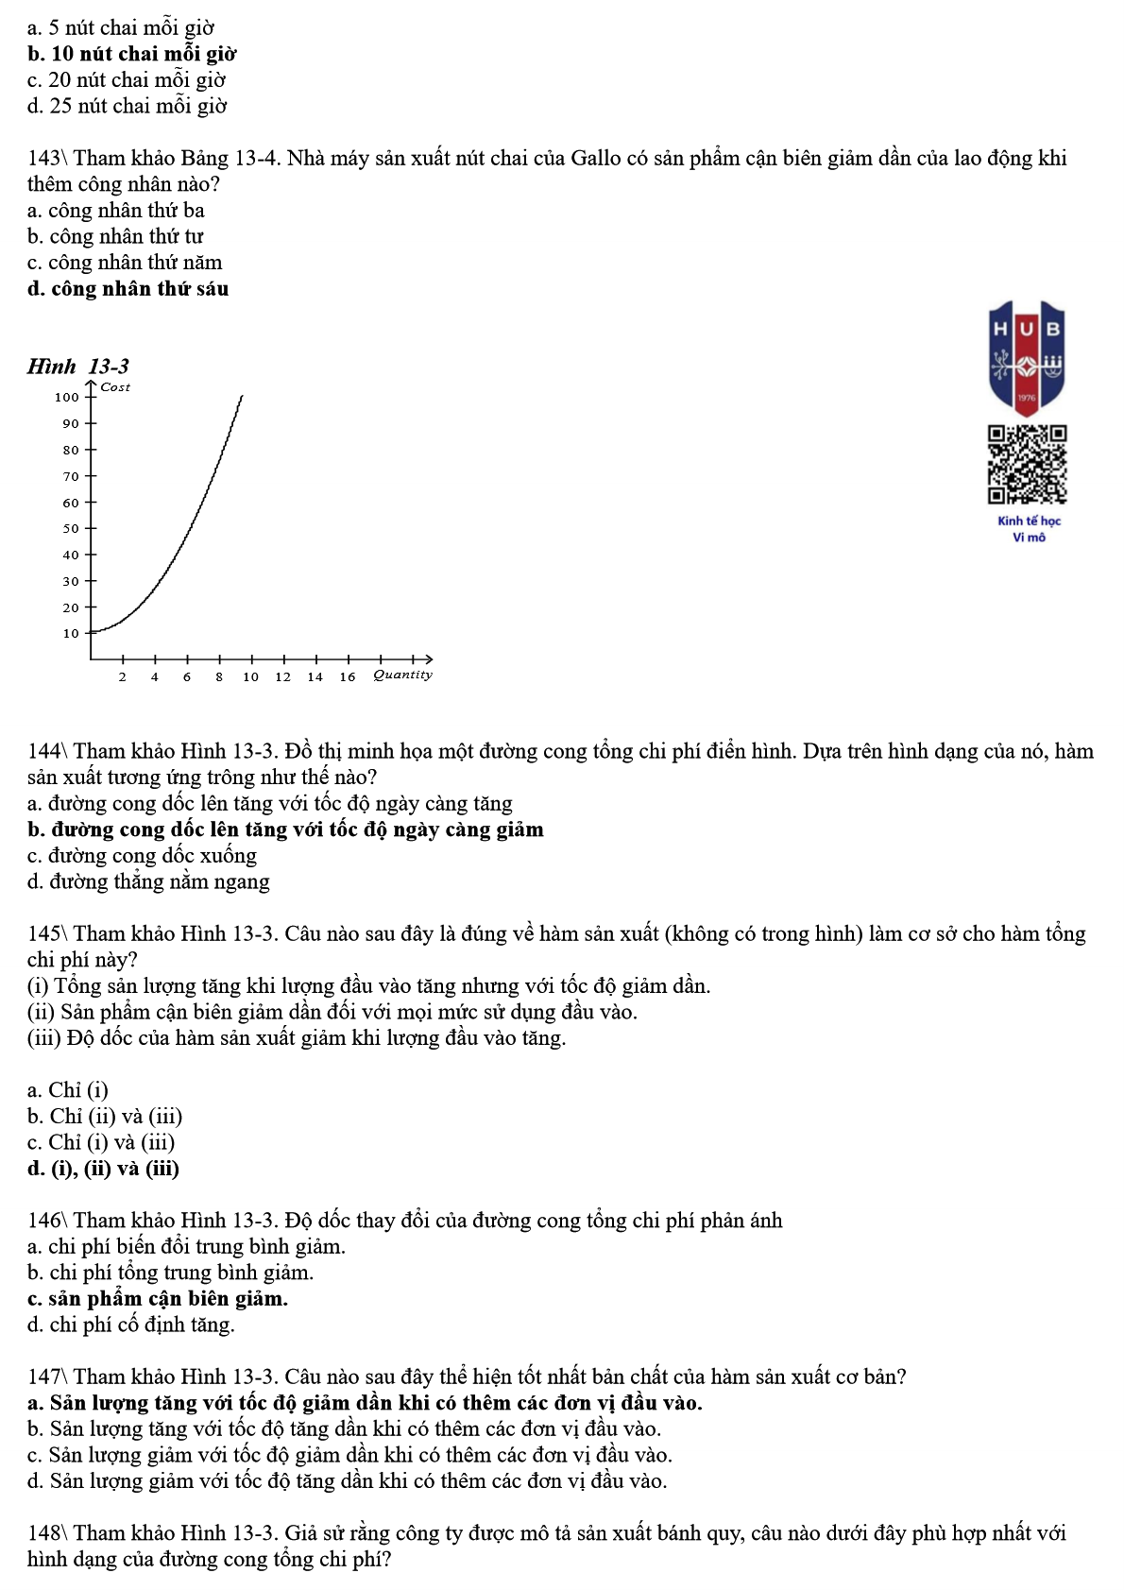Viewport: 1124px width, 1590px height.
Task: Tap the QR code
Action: [x=1027, y=464]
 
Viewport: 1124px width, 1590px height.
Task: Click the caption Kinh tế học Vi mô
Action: [x=1029, y=529]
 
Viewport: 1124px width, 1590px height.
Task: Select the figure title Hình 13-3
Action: [x=78, y=367]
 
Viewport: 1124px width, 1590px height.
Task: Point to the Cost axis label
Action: [x=115, y=387]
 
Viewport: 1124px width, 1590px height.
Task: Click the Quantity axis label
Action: [x=402, y=675]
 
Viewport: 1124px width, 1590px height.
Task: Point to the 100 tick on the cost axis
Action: [x=67, y=398]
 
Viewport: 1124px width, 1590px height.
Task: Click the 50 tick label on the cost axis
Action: [x=71, y=529]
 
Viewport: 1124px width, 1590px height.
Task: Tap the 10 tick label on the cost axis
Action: [x=71, y=634]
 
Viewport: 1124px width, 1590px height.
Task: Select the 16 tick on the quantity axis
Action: [x=348, y=676]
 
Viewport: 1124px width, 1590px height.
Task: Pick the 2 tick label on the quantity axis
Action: [x=123, y=676]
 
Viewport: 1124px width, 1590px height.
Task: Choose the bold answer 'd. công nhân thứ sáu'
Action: [x=128, y=289]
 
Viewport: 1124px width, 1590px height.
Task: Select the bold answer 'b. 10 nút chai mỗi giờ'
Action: [x=131, y=54]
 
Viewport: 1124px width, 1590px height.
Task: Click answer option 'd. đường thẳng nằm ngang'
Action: [x=148, y=882]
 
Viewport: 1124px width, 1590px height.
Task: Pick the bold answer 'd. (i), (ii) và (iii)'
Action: [x=103, y=1169]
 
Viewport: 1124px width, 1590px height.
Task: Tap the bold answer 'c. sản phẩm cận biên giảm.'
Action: [x=157, y=1299]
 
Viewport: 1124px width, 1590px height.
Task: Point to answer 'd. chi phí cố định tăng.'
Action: [x=130, y=1325]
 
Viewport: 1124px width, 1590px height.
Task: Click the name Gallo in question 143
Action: [x=595, y=159]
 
